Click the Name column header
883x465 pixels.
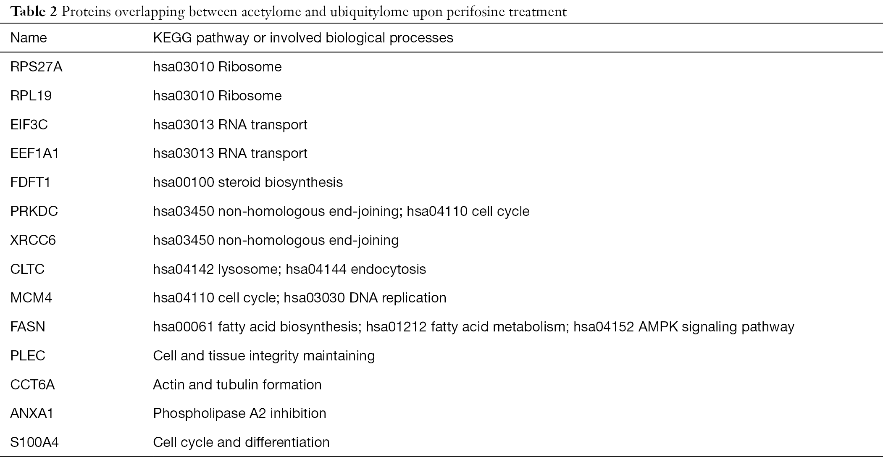click(x=29, y=38)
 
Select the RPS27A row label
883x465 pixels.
click(x=36, y=67)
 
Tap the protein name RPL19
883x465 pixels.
click(x=31, y=96)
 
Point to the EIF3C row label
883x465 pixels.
click(x=29, y=125)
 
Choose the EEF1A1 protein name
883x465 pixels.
click(x=34, y=153)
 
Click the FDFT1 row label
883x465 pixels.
click(x=30, y=182)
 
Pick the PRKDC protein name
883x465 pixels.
click(x=34, y=211)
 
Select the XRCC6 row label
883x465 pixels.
click(x=33, y=240)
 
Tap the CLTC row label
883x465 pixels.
click(x=27, y=269)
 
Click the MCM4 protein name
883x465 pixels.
click(x=31, y=298)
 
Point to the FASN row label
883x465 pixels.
click(x=27, y=327)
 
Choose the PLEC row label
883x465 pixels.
click(x=28, y=356)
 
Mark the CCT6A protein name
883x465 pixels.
click(x=32, y=385)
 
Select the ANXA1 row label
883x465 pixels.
click(x=32, y=414)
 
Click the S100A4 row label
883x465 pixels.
click(x=34, y=442)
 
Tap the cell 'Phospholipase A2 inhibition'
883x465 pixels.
click(x=239, y=414)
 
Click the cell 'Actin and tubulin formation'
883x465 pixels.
click(x=237, y=385)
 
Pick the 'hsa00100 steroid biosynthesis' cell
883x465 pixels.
click(x=248, y=182)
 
